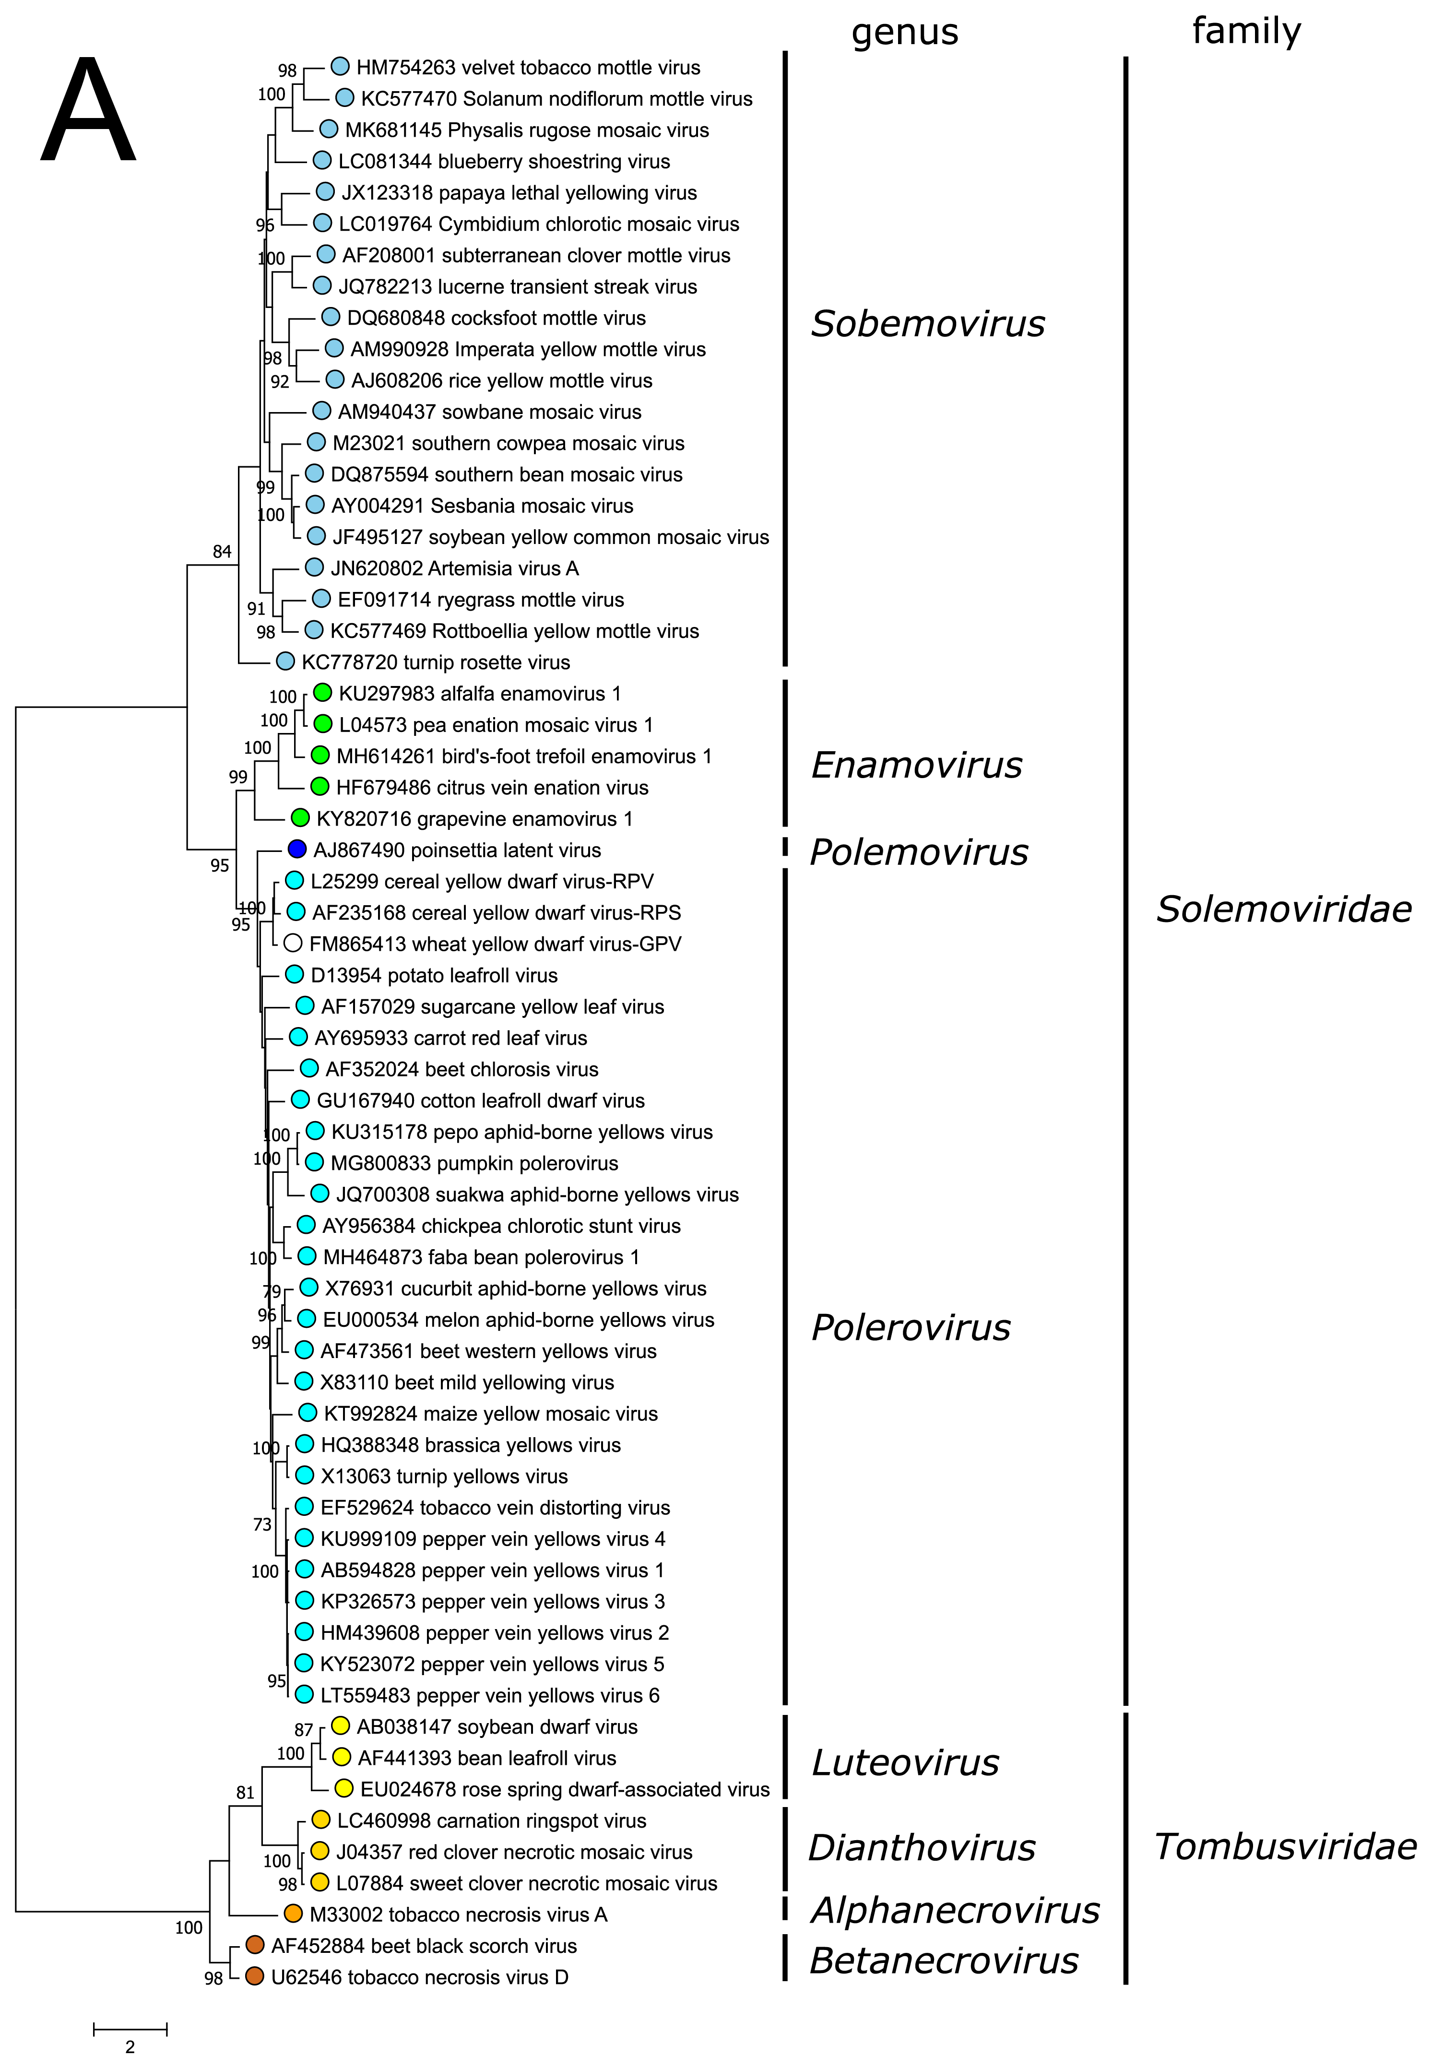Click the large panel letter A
tap(88, 112)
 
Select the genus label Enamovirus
tap(916, 765)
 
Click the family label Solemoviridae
tap(1284, 909)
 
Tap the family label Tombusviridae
tap(1285, 1846)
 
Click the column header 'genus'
tap(904, 32)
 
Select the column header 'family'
tap(1246, 31)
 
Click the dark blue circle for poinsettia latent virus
tap(297, 849)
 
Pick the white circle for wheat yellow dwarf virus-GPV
tap(293, 943)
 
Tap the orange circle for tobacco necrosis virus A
tap(293, 1914)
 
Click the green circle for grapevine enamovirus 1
tap(301, 817)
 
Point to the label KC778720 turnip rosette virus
tap(435, 662)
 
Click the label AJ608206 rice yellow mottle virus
tap(501, 380)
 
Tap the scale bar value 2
tap(130, 2046)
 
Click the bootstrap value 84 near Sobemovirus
tap(222, 552)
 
